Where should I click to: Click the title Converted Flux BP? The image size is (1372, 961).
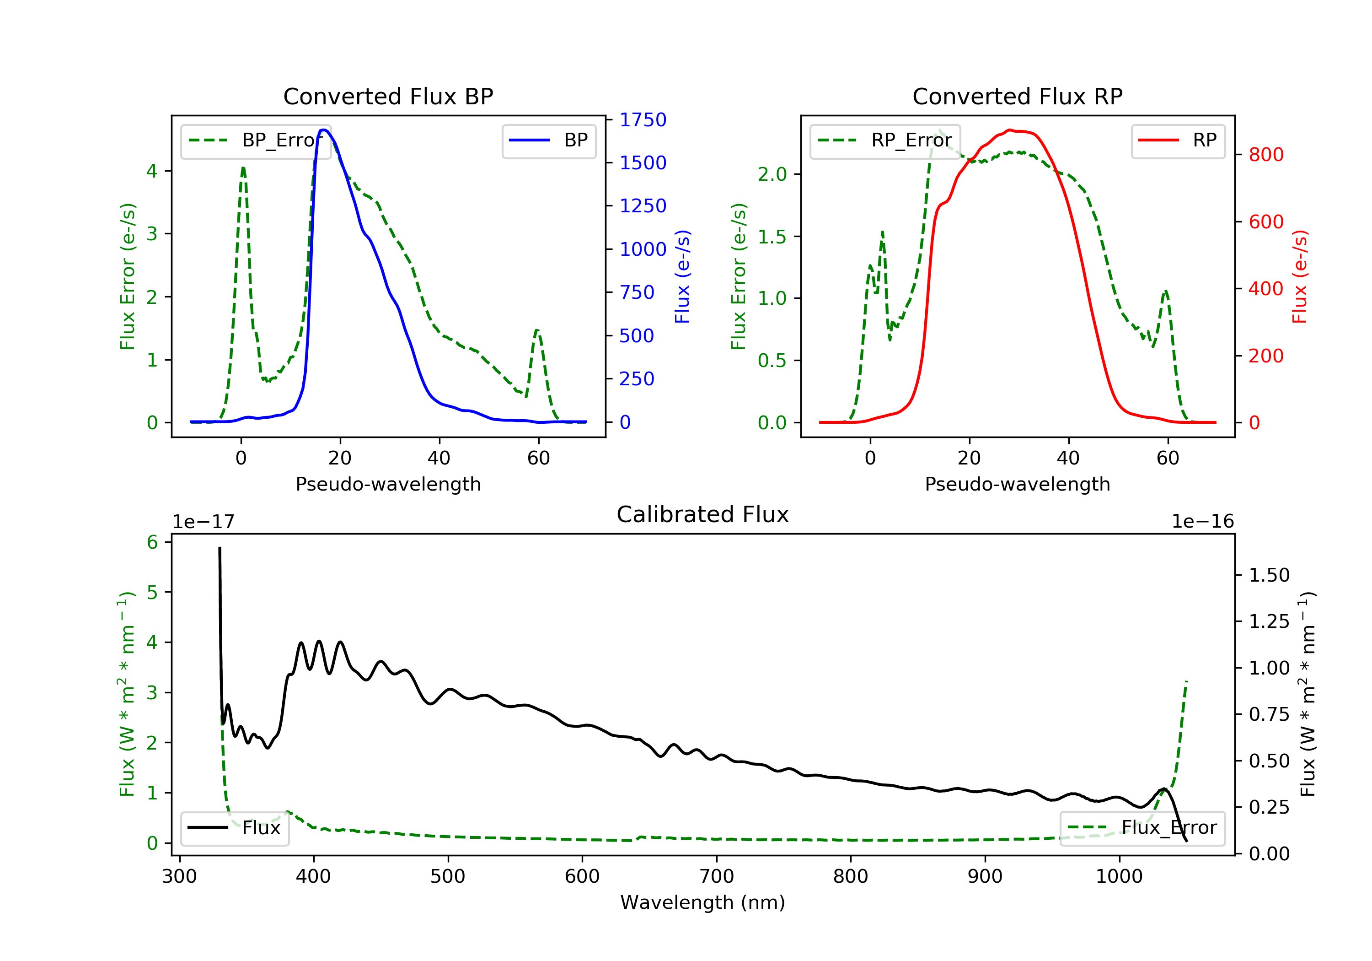pos(388,96)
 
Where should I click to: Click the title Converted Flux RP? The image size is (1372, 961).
pos(1017,96)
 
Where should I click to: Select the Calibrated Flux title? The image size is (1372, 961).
pos(703,514)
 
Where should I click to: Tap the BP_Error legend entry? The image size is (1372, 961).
pos(255,140)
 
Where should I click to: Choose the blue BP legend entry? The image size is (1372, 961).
pos(548,140)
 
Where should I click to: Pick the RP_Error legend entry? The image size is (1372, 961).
pos(884,140)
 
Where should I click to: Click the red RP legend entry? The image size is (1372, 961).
pos(1178,140)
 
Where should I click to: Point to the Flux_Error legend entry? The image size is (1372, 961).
pos(1142,828)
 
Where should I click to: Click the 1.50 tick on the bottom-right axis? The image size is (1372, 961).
pos(1269,575)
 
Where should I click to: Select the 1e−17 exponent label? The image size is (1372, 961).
pos(204,522)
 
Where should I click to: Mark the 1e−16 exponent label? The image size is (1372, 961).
pos(1203,522)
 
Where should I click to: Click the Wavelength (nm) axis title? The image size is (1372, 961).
pos(703,902)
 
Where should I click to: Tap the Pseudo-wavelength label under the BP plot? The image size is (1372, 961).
pos(388,484)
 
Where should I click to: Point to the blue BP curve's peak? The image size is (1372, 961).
pos(323,130)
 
